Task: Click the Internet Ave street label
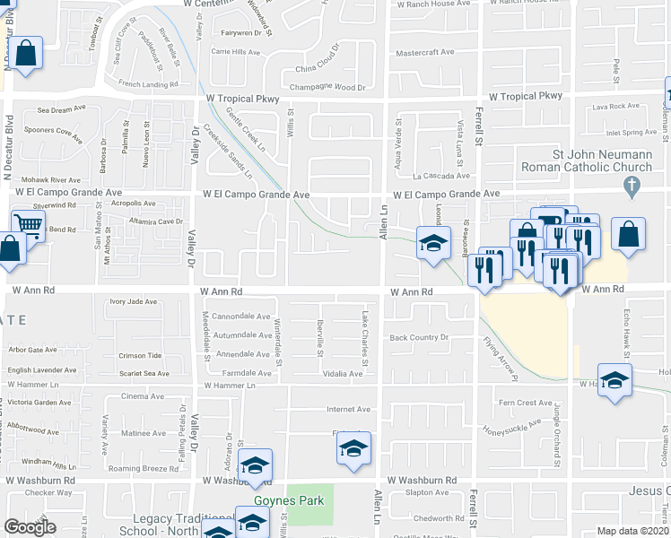point(348,409)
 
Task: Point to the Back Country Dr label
point(418,337)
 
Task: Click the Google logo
point(29,527)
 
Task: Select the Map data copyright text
point(633,530)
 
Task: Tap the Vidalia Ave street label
point(343,373)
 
